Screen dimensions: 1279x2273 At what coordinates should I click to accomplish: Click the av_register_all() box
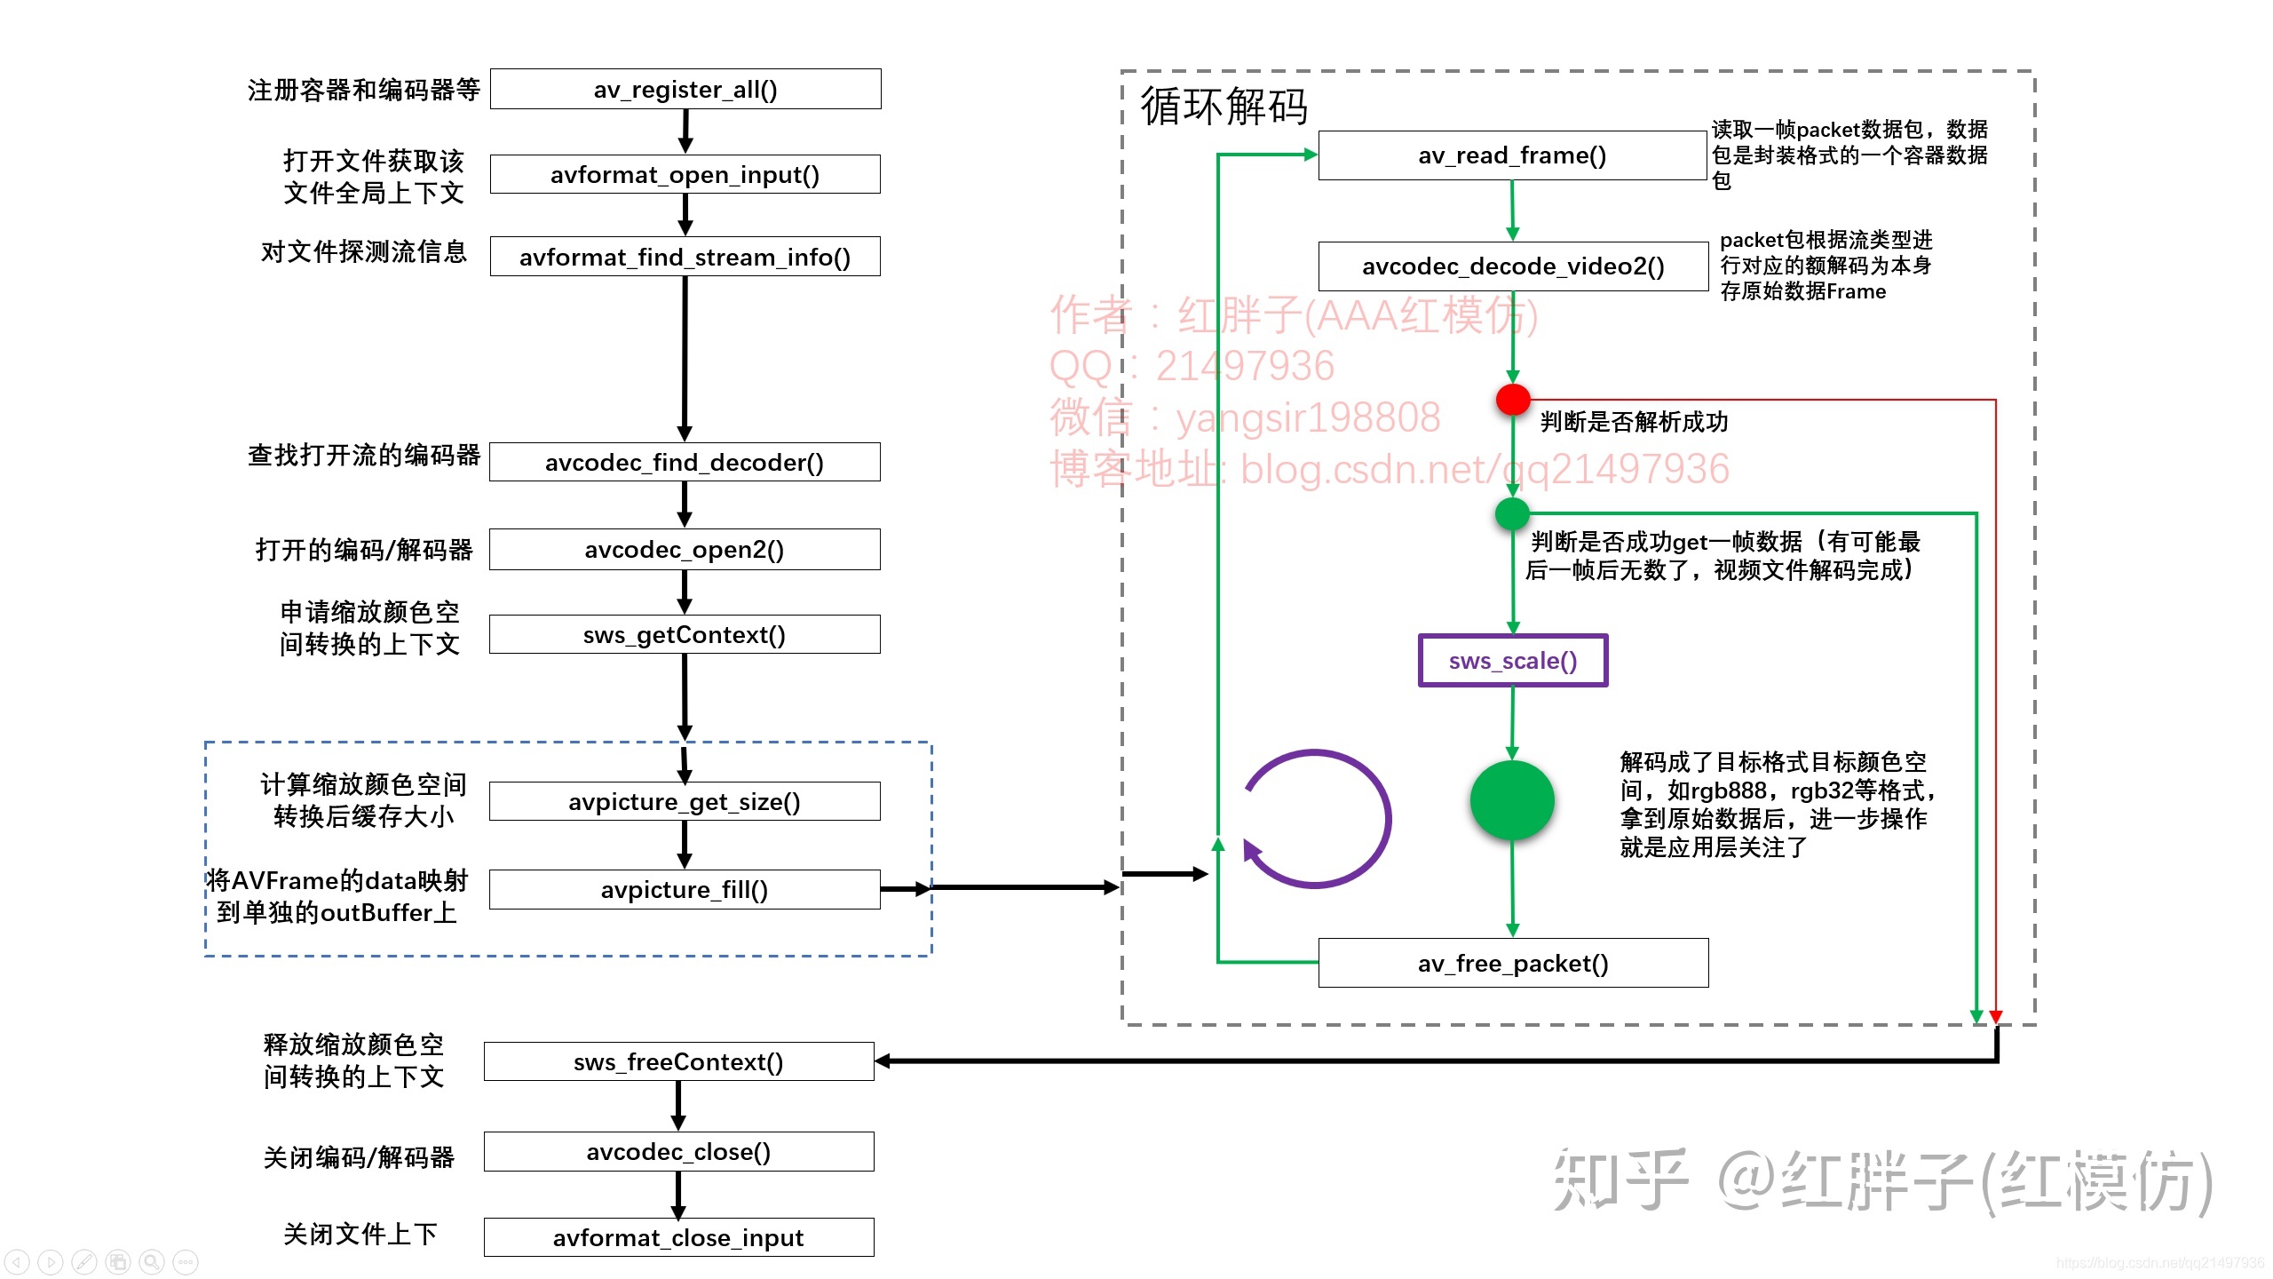[685, 89]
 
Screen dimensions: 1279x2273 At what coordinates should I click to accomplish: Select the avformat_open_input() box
[685, 174]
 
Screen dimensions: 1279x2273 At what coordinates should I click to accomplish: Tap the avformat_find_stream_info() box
[685, 257]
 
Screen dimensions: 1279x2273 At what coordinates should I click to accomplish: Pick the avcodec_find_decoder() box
[685, 462]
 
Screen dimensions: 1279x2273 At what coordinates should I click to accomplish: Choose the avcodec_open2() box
[685, 549]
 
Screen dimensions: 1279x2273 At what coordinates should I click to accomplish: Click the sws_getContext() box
[685, 634]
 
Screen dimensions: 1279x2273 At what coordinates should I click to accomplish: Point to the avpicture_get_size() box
[685, 801]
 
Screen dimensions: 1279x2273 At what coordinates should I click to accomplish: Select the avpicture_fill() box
[685, 889]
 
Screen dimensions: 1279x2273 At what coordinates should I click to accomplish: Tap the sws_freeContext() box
[678, 1061]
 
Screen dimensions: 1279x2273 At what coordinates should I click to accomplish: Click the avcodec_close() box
[678, 1151]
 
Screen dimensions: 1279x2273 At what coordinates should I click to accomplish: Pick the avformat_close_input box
[678, 1237]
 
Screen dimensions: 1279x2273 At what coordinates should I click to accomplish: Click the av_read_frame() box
[1512, 155]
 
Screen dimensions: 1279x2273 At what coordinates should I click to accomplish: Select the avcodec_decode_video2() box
[1513, 266]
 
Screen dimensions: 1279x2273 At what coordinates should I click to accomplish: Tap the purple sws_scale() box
[1513, 660]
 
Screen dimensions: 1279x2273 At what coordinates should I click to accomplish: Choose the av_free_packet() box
[1513, 963]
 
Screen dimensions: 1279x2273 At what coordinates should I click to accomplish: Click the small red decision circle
[1513, 400]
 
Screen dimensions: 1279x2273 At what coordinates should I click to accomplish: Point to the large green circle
[1512, 800]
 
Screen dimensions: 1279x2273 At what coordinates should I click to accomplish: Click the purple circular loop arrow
[1317, 819]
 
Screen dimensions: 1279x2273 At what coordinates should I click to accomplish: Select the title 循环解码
[1224, 107]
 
